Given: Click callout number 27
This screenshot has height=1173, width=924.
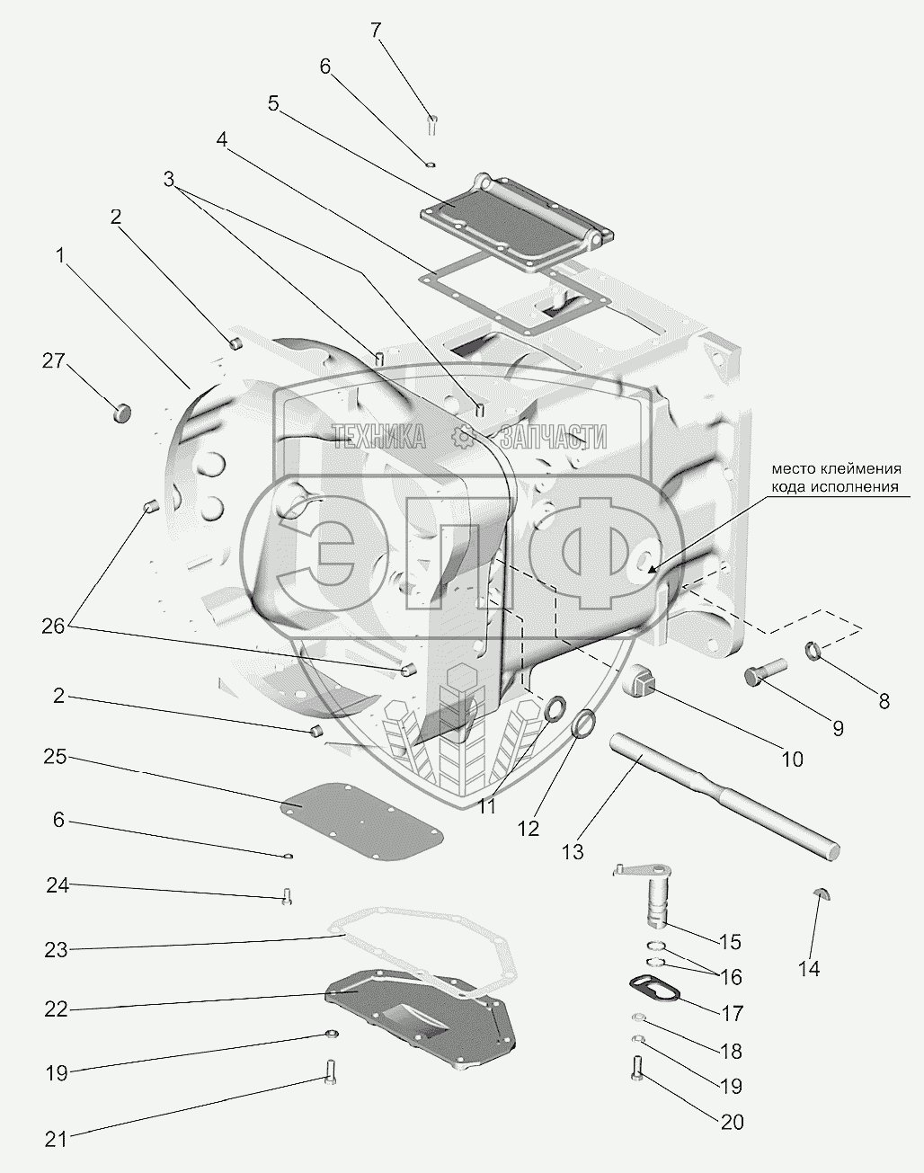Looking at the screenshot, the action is (x=54, y=361).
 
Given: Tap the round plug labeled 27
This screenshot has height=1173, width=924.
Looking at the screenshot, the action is (x=122, y=413).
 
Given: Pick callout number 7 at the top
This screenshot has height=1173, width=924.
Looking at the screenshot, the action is (x=376, y=30).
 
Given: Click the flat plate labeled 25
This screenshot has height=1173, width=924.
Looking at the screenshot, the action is (x=360, y=815).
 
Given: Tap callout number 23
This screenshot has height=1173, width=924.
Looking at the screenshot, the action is (x=57, y=949).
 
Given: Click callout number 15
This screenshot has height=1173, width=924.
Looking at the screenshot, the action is (x=729, y=942).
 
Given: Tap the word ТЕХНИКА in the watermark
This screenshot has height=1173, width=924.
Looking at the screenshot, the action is (x=378, y=438).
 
